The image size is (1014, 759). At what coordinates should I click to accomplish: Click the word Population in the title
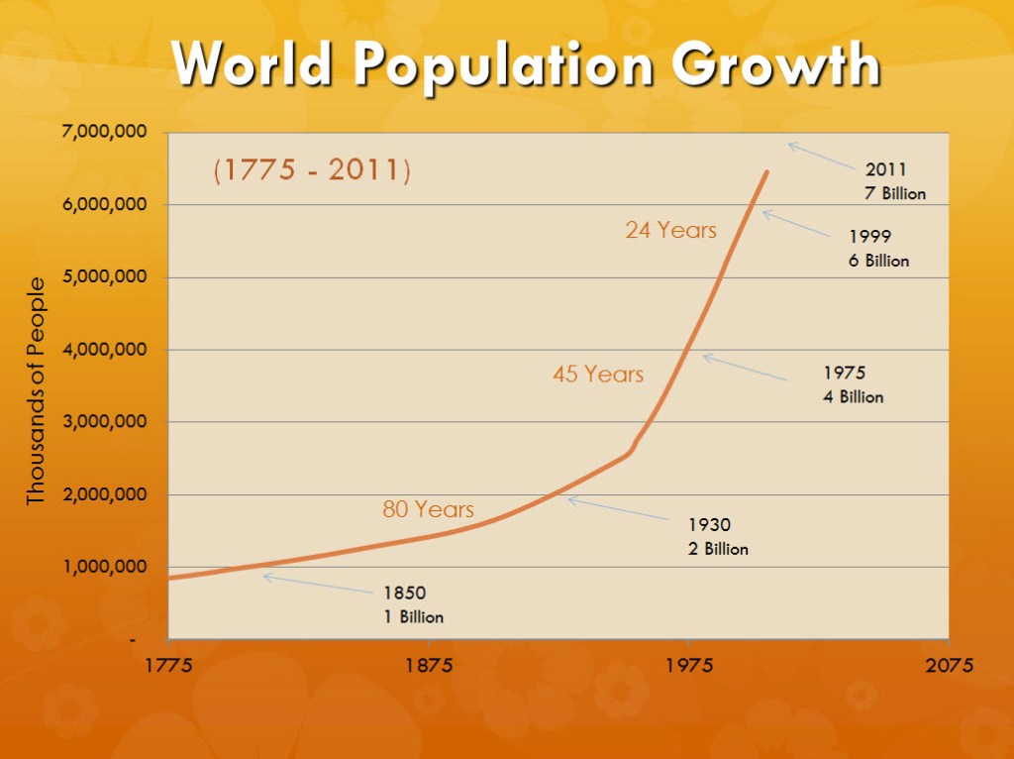[x=504, y=66]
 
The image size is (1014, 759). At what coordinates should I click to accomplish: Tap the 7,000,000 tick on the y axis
[x=109, y=132]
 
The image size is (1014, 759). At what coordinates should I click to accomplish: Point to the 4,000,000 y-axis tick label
[x=109, y=349]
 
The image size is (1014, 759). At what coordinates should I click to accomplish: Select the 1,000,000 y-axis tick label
[x=109, y=567]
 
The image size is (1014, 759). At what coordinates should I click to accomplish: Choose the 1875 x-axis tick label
[x=429, y=664]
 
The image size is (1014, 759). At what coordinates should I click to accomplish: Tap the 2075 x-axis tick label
[x=949, y=664]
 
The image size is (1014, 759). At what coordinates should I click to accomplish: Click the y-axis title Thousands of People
[x=37, y=390]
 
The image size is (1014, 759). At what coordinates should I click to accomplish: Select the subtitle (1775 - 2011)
[x=312, y=170]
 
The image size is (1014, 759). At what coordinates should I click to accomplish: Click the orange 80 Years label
[x=428, y=509]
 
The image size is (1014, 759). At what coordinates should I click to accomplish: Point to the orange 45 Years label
[x=598, y=375]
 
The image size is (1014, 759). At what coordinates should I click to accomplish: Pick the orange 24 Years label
[x=670, y=230]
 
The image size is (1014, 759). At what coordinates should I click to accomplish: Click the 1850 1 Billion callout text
[x=414, y=604]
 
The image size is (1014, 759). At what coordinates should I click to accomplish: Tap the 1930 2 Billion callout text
[x=718, y=536]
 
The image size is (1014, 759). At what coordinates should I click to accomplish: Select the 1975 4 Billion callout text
[x=853, y=384]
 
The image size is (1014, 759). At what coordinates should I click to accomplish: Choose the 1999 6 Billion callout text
[x=878, y=249]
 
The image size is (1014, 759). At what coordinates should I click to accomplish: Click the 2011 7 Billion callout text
[x=895, y=181]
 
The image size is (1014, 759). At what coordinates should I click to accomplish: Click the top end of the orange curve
[x=766, y=172]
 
